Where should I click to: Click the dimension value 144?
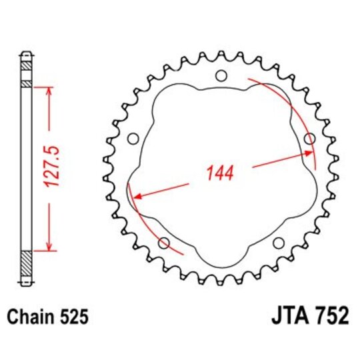click(x=219, y=173)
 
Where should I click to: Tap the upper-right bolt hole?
click(x=309, y=139)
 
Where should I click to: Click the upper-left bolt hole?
click(x=132, y=139)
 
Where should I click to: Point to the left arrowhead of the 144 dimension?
click(x=137, y=196)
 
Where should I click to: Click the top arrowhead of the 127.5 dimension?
click(x=49, y=91)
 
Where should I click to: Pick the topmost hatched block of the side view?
click(x=26, y=67)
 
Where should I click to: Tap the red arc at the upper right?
click(x=293, y=107)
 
